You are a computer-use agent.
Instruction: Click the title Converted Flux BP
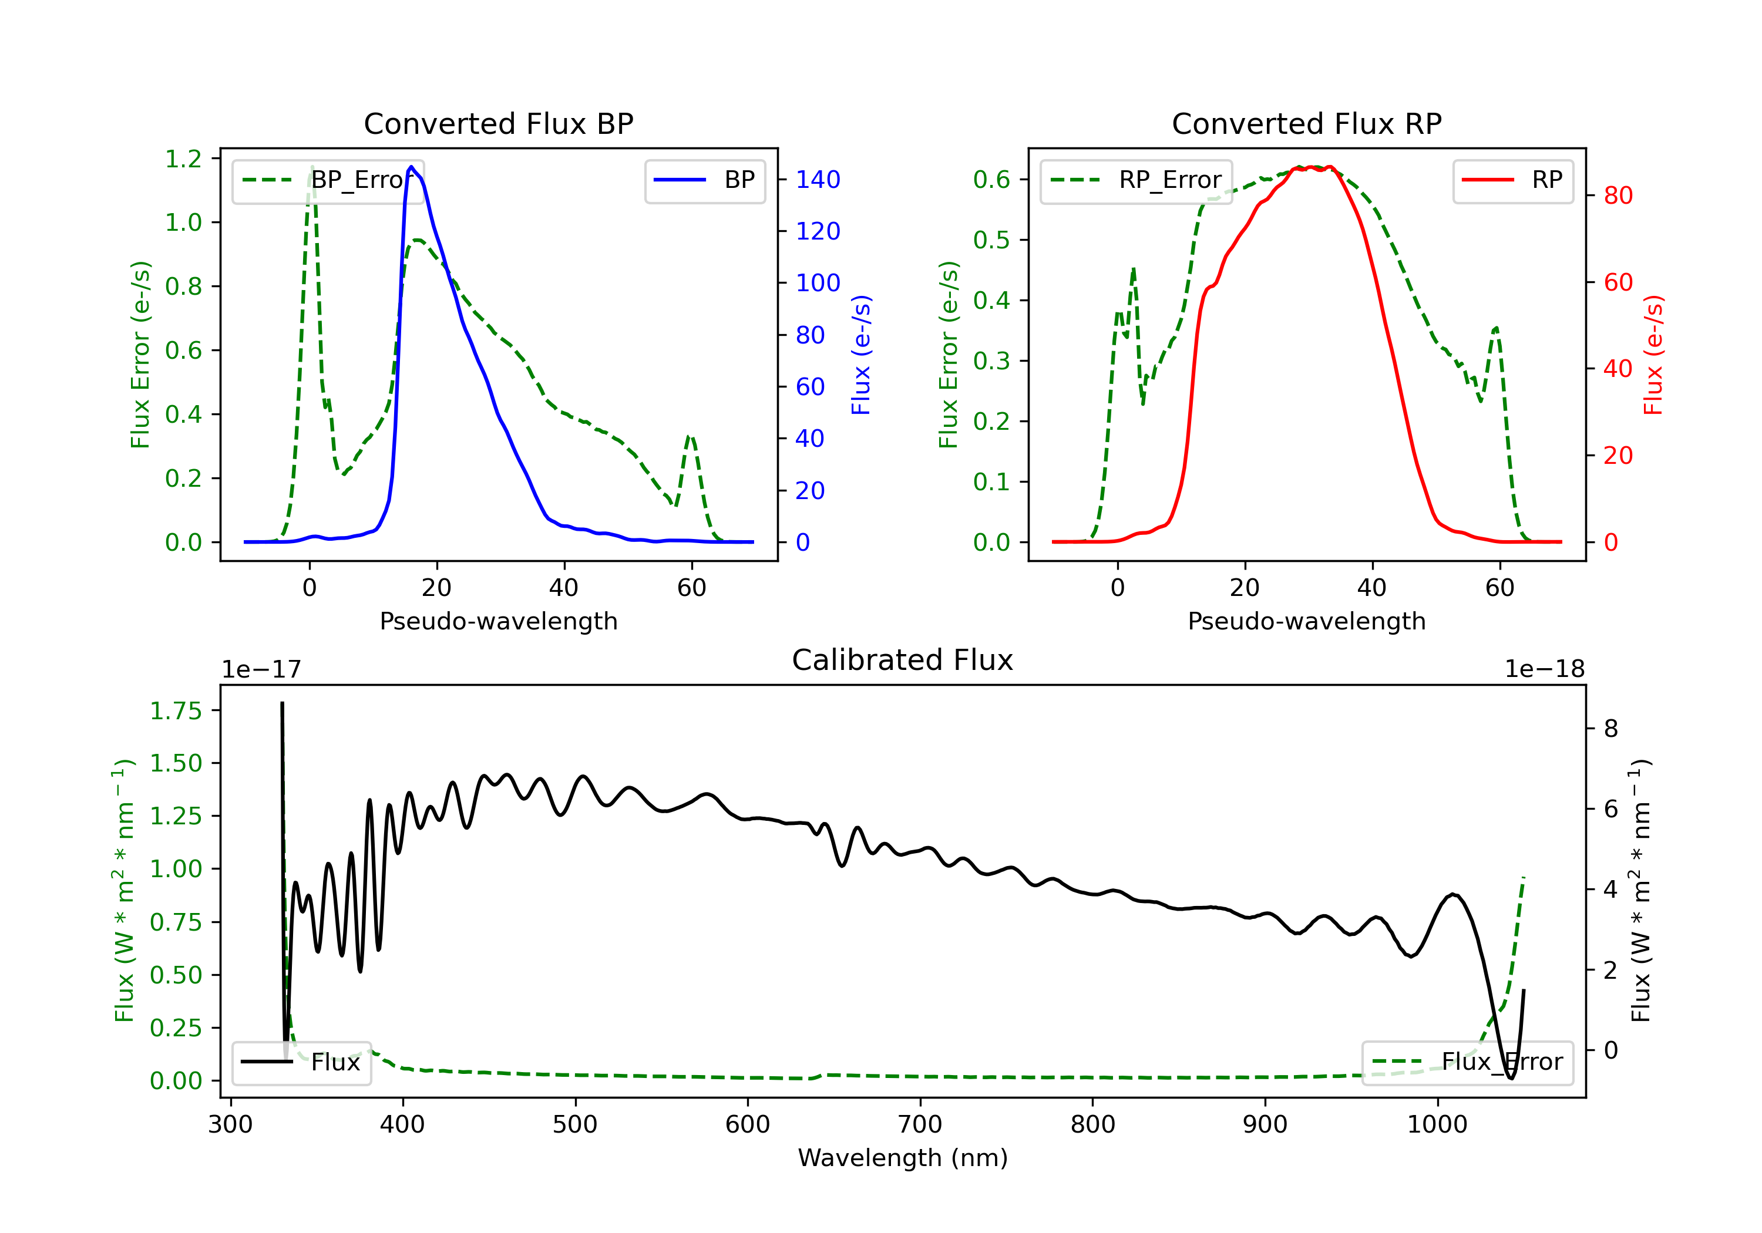498,123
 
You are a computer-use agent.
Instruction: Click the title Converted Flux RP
1306,123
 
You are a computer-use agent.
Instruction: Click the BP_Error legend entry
328,180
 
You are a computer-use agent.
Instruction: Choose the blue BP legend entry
704,180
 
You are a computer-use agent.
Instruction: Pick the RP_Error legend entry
1136,180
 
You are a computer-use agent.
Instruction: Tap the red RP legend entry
1512,180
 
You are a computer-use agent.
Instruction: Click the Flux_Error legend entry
1467,1062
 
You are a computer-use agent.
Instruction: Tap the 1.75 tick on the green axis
176,710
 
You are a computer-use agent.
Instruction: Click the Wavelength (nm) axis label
903,1158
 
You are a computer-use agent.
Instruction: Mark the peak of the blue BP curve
411,167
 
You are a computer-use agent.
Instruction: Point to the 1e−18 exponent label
1544,669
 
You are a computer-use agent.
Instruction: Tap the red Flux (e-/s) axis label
1653,355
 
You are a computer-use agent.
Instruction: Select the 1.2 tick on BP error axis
183,159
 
